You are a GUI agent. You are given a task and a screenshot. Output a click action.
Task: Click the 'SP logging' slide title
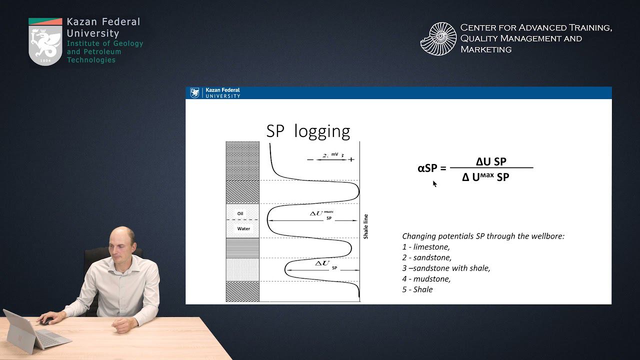pyautogui.click(x=308, y=131)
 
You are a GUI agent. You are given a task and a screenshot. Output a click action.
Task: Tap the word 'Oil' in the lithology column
pyautogui.click(x=240, y=213)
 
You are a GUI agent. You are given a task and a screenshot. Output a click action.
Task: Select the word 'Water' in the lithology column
pyautogui.click(x=243, y=228)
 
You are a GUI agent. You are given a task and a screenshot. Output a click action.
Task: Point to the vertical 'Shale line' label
pyautogui.click(x=365, y=226)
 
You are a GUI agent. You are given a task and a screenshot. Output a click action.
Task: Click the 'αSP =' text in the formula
pyautogui.click(x=431, y=168)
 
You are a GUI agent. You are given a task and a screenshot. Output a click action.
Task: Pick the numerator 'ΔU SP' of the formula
pyautogui.click(x=491, y=161)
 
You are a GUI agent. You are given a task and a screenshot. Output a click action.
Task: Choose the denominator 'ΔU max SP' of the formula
pyautogui.click(x=485, y=177)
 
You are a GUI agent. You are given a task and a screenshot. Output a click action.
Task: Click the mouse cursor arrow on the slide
pyautogui.click(x=434, y=183)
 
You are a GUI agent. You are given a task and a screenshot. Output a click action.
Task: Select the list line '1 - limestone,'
pyautogui.click(x=426, y=247)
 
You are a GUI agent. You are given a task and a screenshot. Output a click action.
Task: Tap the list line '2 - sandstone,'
pyautogui.click(x=426, y=257)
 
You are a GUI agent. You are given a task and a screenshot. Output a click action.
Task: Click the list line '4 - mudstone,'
pyautogui.click(x=426, y=279)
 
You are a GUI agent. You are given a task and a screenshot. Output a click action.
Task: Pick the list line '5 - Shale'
pyautogui.click(x=417, y=289)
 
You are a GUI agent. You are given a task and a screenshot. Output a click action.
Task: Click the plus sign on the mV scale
pyautogui.click(x=351, y=159)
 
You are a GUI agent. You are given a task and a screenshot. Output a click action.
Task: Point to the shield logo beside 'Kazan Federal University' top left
pyautogui.click(x=45, y=41)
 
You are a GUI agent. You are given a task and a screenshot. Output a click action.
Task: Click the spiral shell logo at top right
pyautogui.click(x=438, y=38)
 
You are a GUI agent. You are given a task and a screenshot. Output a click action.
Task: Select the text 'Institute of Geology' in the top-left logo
pyautogui.click(x=105, y=43)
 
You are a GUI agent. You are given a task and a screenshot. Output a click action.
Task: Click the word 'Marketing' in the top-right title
pyautogui.click(x=485, y=49)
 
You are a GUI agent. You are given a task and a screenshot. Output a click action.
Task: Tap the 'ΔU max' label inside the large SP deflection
pyautogui.click(x=321, y=213)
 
